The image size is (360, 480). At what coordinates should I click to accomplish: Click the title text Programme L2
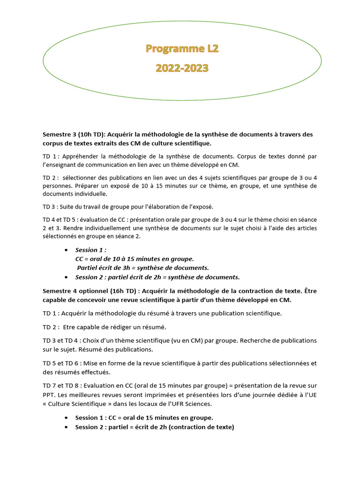tap(182, 48)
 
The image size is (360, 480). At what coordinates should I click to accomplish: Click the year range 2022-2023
tap(182, 68)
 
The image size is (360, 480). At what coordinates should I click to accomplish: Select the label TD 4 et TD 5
tap(59, 220)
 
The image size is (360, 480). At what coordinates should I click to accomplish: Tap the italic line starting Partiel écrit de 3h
tap(143, 268)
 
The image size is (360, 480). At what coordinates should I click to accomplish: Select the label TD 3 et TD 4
tap(59, 340)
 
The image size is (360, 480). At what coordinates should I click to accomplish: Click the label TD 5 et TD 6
tap(59, 363)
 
